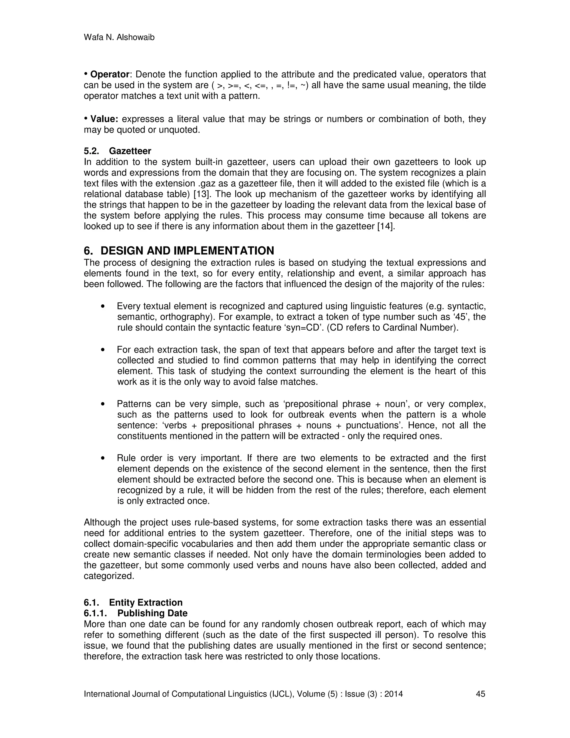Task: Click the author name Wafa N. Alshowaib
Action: pyautogui.click(x=119, y=38)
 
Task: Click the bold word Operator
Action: pyautogui.click(x=110, y=74)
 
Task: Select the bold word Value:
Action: pyautogui.click(x=104, y=119)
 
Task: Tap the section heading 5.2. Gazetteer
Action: pyautogui.click(x=117, y=151)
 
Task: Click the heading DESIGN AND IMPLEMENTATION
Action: pyautogui.click(x=187, y=251)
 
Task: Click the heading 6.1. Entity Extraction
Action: pyautogui.click(x=133, y=602)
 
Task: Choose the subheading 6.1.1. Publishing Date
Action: pyautogui.click(x=136, y=613)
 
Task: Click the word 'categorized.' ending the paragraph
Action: pyautogui.click(x=109, y=576)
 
